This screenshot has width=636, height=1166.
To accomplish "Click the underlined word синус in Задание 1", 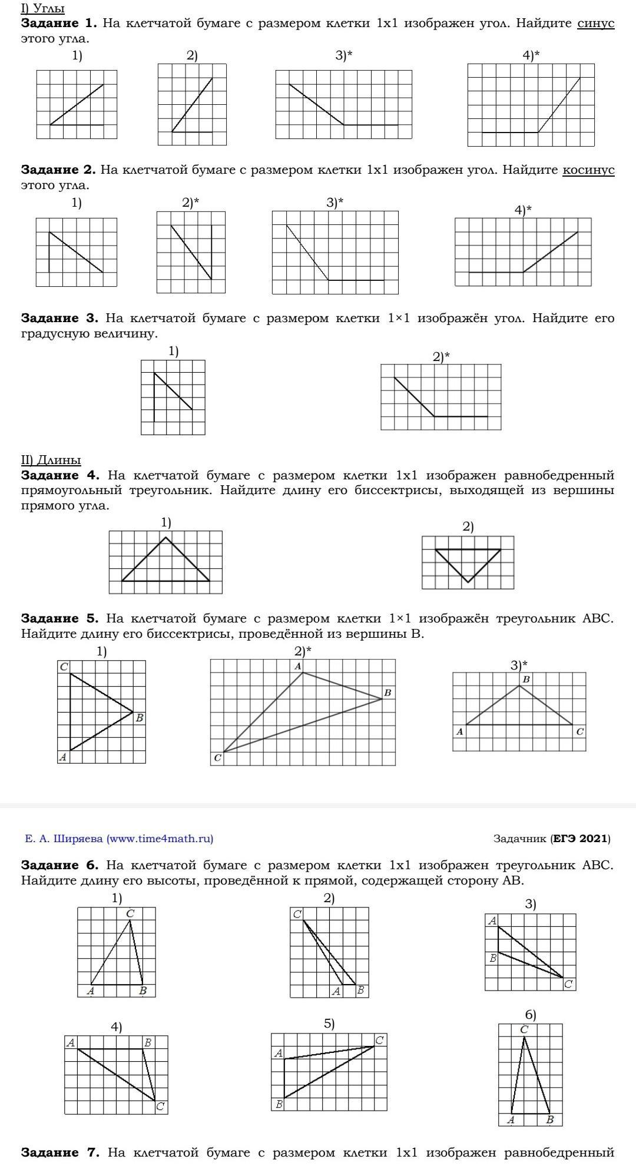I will (596, 24).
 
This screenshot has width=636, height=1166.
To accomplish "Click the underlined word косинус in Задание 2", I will (588, 170).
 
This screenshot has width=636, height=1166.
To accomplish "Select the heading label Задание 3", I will (59, 319).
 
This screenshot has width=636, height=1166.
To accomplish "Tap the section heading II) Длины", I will (51, 460).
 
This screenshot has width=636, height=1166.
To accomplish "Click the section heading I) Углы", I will (42, 8).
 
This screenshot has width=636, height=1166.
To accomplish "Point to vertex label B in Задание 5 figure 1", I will (140, 718).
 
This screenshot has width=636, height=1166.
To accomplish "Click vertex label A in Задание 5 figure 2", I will (298, 666).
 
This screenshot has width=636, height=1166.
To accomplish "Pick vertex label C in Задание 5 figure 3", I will (580, 731).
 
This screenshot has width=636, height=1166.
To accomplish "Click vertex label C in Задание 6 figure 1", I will (130, 913).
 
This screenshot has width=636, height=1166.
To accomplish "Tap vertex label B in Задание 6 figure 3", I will (493, 958).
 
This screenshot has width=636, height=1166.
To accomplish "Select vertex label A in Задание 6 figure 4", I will (71, 1043).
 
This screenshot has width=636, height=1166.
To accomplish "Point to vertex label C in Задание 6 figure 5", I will (380, 1041).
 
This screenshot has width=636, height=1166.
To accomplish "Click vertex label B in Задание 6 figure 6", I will (549, 1119).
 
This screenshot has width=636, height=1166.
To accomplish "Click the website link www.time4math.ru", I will (160, 839).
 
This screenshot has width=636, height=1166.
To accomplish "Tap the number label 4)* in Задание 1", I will (531, 55).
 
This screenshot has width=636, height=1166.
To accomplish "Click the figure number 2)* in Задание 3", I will (441, 357).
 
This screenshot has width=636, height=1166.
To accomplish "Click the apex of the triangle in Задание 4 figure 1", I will (166, 537).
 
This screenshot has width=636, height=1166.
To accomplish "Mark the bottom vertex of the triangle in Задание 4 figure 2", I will (468, 582).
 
